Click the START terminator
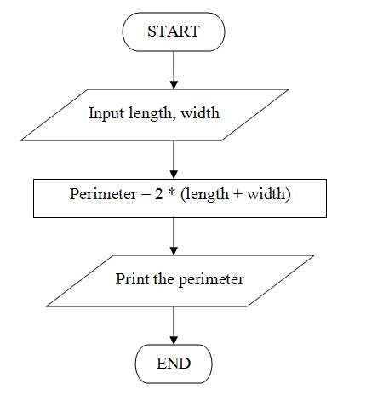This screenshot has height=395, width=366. (174, 32)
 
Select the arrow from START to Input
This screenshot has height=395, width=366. (174, 69)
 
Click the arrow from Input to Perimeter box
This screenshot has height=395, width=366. (174, 158)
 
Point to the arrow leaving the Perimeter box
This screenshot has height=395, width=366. (174, 234)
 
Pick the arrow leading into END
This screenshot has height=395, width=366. (174, 326)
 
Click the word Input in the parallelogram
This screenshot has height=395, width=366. (105, 113)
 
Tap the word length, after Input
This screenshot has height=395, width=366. (145, 113)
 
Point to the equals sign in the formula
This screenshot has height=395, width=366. (140, 194)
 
